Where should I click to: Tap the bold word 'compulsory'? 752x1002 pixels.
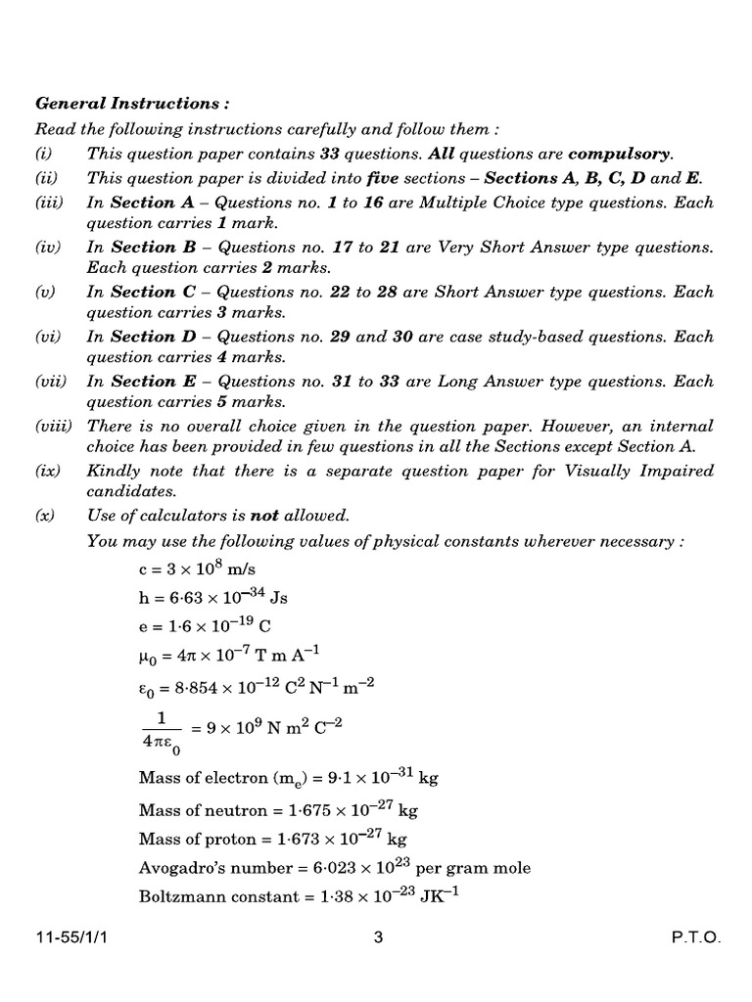620,154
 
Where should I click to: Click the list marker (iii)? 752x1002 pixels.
50,203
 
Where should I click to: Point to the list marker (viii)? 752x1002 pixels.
54,426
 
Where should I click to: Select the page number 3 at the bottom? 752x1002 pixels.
378,937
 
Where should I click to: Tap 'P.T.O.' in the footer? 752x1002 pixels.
695,937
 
